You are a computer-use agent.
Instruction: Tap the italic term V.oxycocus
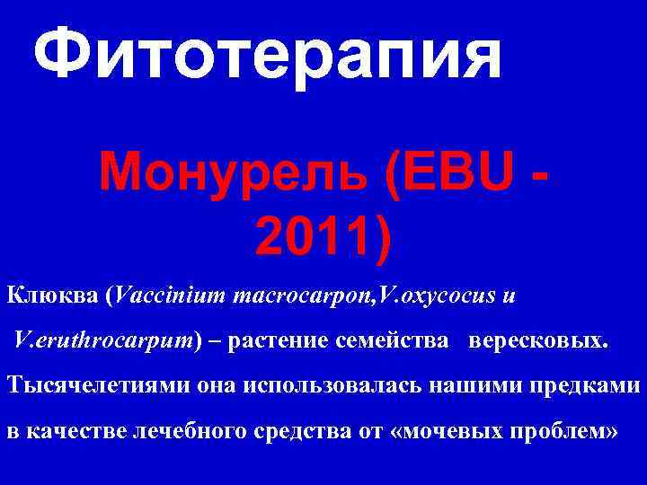pos(428,294)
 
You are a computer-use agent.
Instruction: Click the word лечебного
pos(188,432)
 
